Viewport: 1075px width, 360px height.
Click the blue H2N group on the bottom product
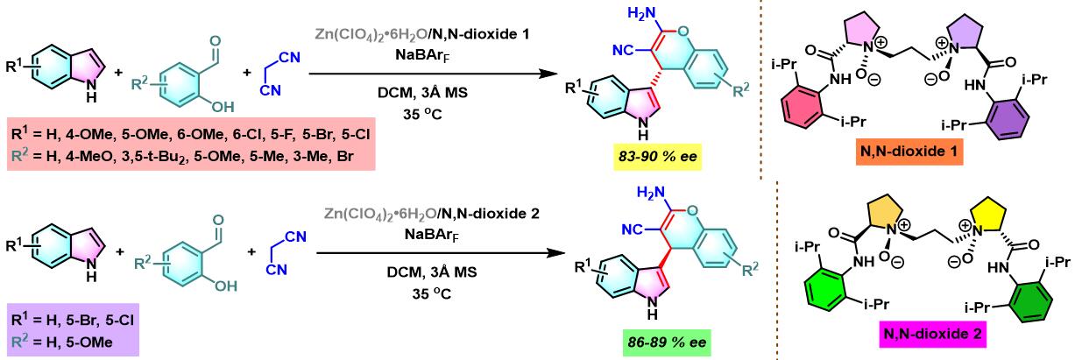643,193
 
